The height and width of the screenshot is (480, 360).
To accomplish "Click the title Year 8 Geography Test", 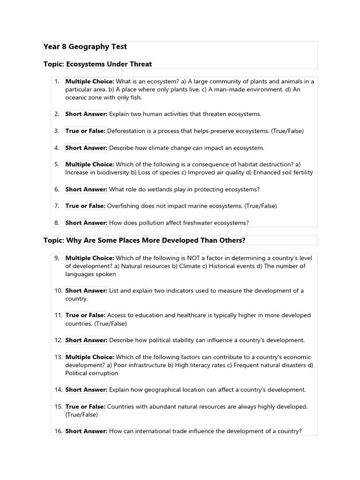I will click(85, 47).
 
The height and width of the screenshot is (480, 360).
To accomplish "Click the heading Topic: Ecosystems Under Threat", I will click(97, 64).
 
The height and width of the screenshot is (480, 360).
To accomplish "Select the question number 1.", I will click(56, 82).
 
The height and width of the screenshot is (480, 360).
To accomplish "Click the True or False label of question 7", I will click(85, 206).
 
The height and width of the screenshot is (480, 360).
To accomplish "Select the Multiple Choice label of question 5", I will click(90, 165).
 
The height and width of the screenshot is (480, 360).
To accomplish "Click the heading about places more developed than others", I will click(144, 240).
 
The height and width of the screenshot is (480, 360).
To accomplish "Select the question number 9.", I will click(56, 258).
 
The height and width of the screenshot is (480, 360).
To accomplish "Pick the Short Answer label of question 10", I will click(86, 291).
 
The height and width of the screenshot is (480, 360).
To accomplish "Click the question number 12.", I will click(58, 340).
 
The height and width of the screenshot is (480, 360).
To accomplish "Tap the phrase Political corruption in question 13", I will click(92, 373).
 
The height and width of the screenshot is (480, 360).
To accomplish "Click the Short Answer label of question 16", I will click(86, 431).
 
